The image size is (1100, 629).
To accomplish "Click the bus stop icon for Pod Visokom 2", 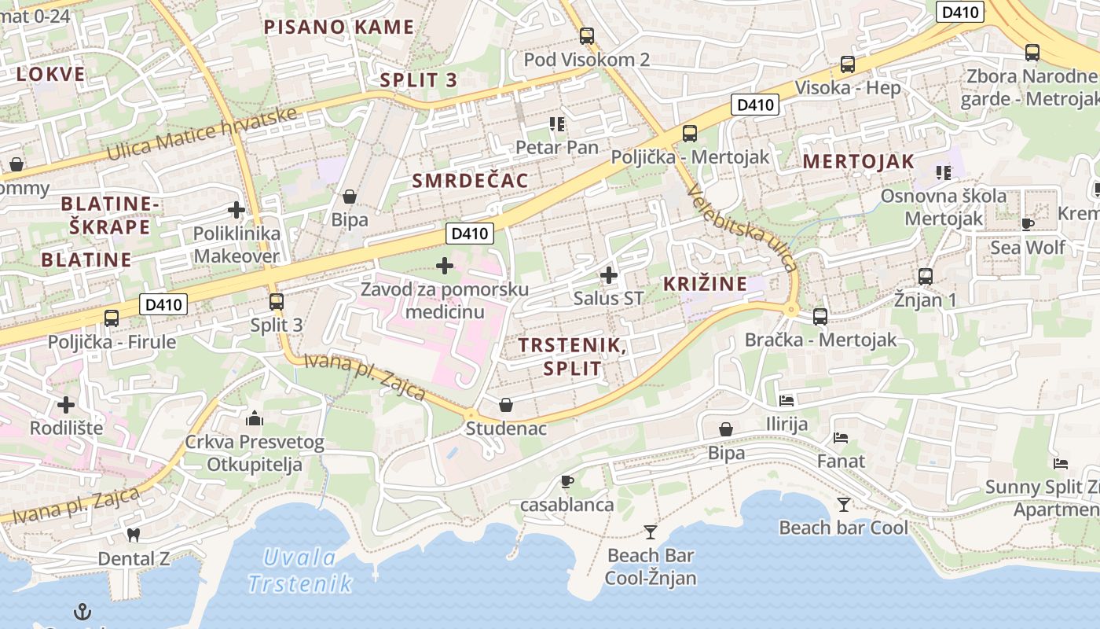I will coord(586,35).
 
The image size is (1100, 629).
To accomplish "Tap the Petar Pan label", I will coord(556,147).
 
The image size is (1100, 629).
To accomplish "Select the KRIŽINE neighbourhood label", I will coord(705,284).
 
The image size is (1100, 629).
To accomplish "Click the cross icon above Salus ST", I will coord(608,275).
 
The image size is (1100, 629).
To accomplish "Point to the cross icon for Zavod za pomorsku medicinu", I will coord(445,266).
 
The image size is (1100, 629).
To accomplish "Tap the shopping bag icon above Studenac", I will coord(506,405).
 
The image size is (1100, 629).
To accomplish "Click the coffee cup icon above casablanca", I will coord(567,481).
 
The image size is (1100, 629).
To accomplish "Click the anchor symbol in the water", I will coord(82,611).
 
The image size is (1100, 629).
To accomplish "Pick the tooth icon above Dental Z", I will coord(133,535).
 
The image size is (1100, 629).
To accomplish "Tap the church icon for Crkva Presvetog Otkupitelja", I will coord(254,417).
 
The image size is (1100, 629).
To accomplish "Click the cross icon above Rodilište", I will coord(66,405).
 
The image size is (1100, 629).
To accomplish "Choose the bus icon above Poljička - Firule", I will coord(112,318).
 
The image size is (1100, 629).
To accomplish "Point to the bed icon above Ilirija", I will coord(786,400).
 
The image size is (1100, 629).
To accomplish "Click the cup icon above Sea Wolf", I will coord(1027,224).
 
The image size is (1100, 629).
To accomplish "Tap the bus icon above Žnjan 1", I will coord(926,276).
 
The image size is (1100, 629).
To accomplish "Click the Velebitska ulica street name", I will coord(742,228).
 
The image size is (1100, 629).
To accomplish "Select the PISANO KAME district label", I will coord(339,28).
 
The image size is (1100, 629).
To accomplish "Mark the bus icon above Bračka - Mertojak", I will coord(820,316).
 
